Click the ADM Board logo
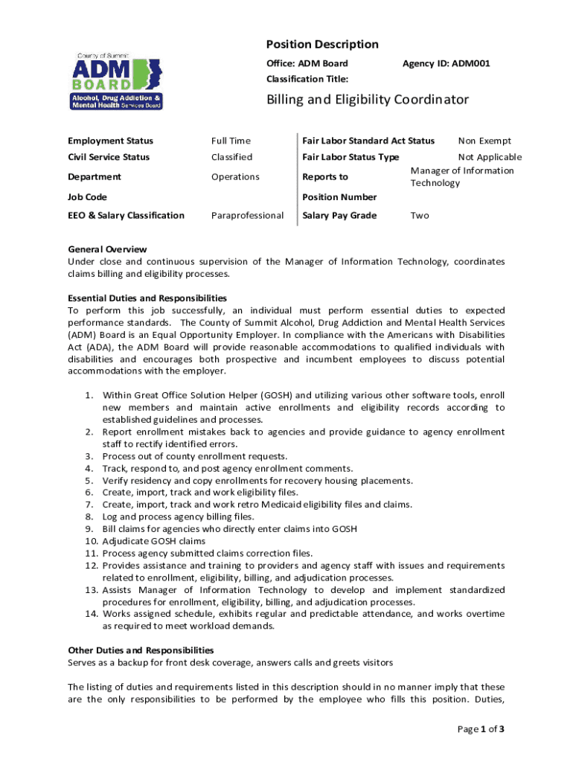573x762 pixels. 117,81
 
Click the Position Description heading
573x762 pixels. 322,45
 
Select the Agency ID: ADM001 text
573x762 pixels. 446,64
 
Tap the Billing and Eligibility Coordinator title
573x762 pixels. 368,100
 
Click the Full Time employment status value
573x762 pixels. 231,141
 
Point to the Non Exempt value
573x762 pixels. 484,141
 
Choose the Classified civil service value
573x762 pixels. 231,157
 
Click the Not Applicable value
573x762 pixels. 490,157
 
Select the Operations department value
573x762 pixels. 235,177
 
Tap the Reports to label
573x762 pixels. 325,177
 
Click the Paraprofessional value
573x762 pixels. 247,216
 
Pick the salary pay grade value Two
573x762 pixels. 420,216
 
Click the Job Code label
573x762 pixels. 87,197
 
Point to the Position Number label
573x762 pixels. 340,197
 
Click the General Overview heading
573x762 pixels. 107,249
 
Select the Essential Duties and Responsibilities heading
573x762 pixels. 147,298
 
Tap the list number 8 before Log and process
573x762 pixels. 89,516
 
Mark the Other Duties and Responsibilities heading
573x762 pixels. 141,650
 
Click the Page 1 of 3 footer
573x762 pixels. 481,729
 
